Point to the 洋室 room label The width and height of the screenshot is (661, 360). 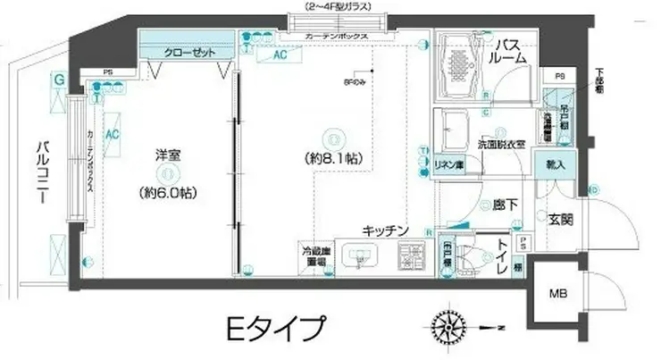click(x=167, y=155)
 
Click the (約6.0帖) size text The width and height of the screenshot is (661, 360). click(x=168, y=192)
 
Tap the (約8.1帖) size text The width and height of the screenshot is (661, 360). click(x=332, y=158)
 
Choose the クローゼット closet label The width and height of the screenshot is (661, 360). click(x=189, y=53)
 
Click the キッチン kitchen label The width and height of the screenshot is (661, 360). click(x=386, y=230)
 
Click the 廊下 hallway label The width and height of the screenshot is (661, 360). click(x=506, y=205)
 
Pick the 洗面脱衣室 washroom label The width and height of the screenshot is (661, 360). click(x=500, y=142)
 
